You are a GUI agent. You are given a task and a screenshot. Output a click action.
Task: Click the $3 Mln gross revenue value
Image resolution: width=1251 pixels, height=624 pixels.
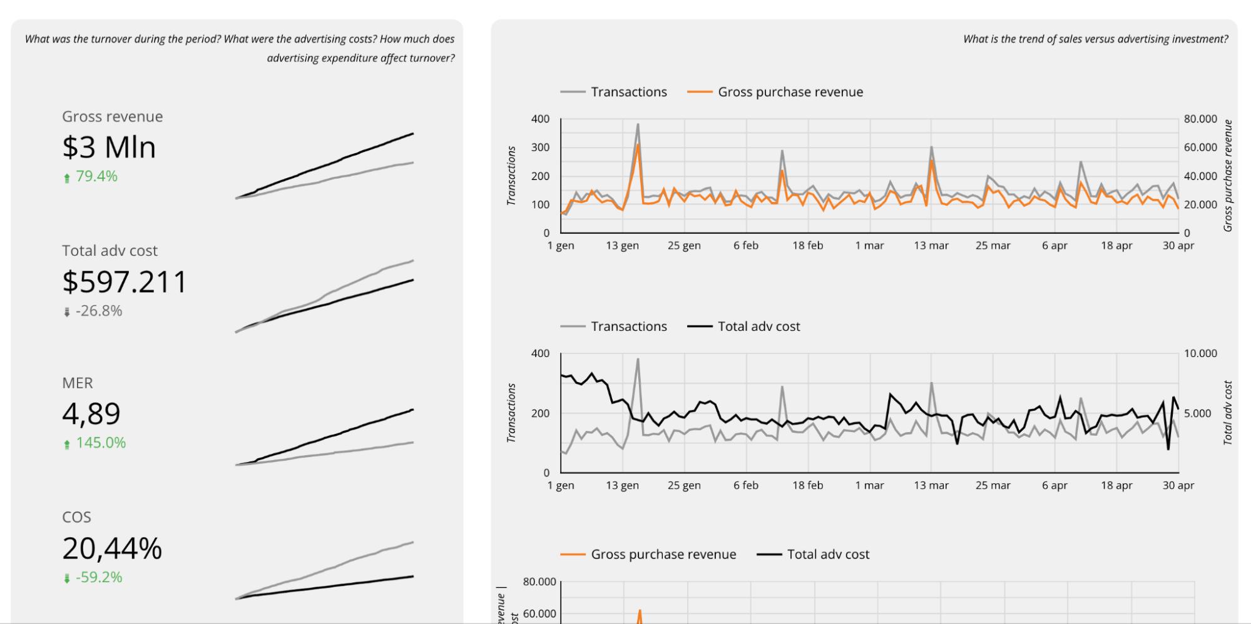coord(109,148)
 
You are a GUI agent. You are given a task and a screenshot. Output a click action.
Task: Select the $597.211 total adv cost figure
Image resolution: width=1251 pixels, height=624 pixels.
coord(125,282)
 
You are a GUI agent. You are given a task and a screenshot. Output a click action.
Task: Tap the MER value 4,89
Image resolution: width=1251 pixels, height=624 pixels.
coord(91,414)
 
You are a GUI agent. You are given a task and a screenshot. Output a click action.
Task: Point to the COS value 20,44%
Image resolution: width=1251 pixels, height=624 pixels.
coord(112,548)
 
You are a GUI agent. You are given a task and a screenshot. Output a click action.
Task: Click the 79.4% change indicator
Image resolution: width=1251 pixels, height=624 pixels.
coord(96,176)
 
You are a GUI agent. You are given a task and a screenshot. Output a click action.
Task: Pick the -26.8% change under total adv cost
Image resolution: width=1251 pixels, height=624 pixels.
coord(98,311)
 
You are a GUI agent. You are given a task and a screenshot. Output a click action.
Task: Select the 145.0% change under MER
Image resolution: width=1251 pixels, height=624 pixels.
coord(101,443)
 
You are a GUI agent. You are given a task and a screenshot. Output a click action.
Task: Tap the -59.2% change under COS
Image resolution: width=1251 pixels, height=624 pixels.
coord(98,577)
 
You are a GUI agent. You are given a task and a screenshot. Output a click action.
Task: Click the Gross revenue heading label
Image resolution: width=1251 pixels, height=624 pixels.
coord(112,116)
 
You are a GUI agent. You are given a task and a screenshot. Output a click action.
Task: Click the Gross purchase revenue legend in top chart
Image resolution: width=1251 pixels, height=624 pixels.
coord(790,92)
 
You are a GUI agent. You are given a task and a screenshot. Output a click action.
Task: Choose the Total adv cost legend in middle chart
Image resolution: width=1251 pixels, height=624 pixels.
coord(758,326)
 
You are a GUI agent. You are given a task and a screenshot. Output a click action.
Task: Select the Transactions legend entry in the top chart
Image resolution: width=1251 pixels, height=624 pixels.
coord(628,92)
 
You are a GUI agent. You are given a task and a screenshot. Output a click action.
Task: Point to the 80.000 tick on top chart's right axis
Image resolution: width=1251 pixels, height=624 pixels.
coord(1200,119)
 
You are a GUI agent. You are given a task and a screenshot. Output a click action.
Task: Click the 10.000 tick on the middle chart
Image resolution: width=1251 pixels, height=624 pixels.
coord(1200,353)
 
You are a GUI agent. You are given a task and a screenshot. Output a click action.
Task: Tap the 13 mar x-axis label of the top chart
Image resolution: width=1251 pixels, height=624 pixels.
coord(931,246)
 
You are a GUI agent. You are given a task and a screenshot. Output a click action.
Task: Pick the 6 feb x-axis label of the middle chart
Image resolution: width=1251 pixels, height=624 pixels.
coord(745,485)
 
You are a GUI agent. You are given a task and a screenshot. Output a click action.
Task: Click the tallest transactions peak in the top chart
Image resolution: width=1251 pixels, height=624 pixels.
coord(638,124)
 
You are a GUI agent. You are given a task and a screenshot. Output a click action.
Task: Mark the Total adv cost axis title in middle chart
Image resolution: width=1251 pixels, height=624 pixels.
coord(1227,413)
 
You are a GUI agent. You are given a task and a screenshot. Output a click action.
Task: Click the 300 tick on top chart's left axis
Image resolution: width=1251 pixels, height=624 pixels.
coord(540,148)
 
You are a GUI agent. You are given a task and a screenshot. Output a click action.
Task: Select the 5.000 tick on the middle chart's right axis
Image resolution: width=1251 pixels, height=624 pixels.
coord(1197,413)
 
